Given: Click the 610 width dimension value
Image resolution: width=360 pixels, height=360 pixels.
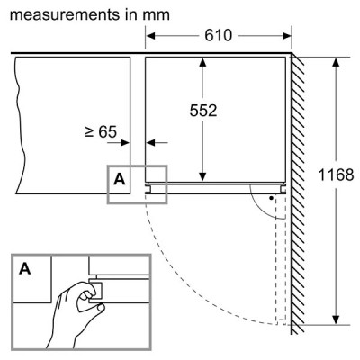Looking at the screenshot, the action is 219,35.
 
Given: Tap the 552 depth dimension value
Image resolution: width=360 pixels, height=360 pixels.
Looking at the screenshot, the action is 203,111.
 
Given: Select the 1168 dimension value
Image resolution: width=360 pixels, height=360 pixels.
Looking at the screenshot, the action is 336,175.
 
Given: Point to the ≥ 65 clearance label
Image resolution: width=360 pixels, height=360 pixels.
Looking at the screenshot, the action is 101,131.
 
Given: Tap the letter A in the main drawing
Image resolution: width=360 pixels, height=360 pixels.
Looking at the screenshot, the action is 120,179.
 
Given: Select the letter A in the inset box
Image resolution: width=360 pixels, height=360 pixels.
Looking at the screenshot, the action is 25,268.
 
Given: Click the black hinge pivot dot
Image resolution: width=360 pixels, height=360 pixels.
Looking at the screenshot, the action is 271,198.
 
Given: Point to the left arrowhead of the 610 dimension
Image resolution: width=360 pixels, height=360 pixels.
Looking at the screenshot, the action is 150,36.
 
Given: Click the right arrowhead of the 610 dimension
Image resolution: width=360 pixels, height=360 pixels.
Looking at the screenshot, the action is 287,36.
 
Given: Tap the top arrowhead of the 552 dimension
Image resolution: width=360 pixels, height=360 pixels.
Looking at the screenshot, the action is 202,62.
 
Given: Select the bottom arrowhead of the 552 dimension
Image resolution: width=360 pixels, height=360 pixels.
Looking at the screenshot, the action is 202,177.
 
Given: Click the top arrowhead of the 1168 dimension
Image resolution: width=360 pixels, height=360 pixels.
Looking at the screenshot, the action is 336,63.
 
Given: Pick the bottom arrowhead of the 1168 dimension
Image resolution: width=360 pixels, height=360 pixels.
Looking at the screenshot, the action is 336,319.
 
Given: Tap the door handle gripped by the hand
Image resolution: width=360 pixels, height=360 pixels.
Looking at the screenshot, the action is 95,290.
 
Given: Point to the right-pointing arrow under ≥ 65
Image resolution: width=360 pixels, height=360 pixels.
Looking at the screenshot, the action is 119,143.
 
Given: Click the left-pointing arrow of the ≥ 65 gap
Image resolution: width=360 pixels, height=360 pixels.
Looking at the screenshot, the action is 157,143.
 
